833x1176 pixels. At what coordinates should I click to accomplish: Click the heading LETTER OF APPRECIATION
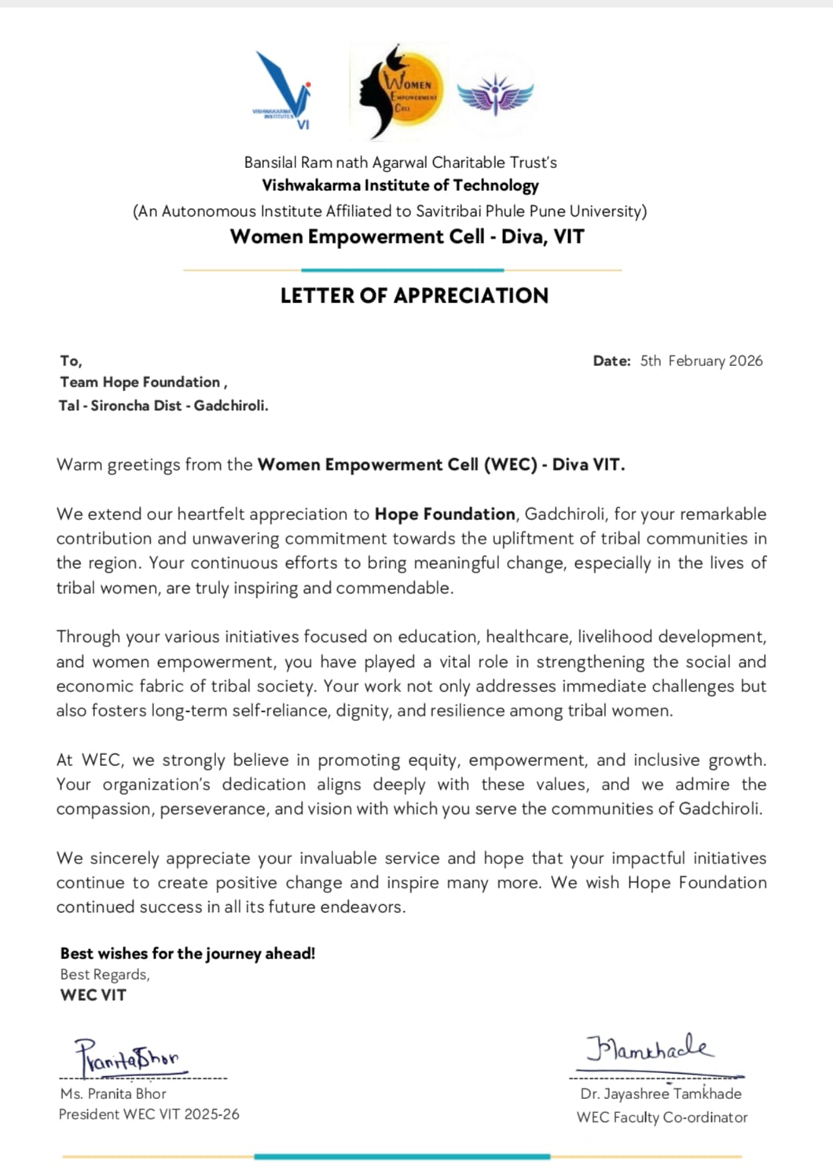[x=414, y=295]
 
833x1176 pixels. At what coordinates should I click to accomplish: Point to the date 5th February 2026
[x=701, y=361]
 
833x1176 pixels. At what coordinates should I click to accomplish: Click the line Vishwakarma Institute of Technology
[x=400, y=185]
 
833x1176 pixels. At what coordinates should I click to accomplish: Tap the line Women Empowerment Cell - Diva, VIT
[x=407, y=236]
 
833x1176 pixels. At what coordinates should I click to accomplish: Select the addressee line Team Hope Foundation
[x=143, y=383]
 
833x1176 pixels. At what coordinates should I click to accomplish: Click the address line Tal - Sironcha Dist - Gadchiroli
[x=163, y=405]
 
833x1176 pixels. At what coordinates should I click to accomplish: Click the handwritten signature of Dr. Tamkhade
[x=649, y=1049]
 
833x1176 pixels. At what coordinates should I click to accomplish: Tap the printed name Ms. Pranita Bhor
[x=113, y=1094]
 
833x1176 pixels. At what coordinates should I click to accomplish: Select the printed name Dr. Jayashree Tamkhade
[x=661, y=1094]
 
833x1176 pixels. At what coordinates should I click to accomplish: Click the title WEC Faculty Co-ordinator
[x=662, y=1117]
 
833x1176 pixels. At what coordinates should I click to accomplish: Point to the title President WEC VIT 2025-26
[x=149, y=1114]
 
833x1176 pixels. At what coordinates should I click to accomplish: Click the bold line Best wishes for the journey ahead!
[x=188, y=954]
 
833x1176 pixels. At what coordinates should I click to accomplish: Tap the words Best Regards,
[x=105, y=974]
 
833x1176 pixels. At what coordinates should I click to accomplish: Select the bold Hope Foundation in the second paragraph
[x=445, y=514]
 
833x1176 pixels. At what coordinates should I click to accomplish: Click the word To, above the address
[x=71, y=361]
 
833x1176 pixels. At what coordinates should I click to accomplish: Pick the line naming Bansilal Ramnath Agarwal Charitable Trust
[x=400, y=163]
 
